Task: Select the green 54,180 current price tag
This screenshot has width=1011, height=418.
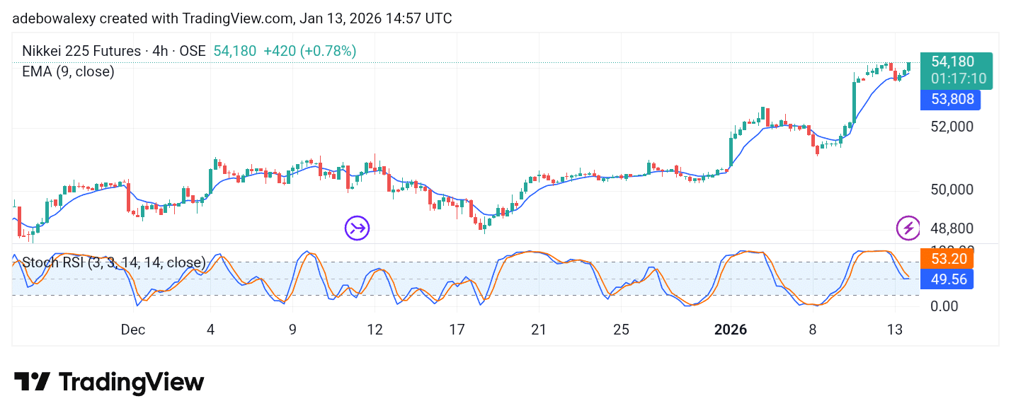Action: [x=953, y=62]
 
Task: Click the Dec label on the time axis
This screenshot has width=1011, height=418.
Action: [x=132, y=330]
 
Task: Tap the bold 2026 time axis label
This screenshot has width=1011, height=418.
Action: [x=731, y=330]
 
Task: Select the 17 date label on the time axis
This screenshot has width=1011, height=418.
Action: [x=457, y=330]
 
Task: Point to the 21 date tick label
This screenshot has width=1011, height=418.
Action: [x=539, y=330]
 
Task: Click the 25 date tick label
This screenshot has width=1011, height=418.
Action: [x=621, y=330]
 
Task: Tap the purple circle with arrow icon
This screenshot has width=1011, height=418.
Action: [x=357, y=228]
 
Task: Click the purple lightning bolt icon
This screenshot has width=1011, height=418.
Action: [x=908, y=228]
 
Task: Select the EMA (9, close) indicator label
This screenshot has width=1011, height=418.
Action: [x=68, y=71]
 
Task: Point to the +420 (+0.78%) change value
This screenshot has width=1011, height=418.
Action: [x=309, y=51]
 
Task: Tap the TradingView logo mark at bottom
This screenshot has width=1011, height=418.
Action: [x=32, y=382]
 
